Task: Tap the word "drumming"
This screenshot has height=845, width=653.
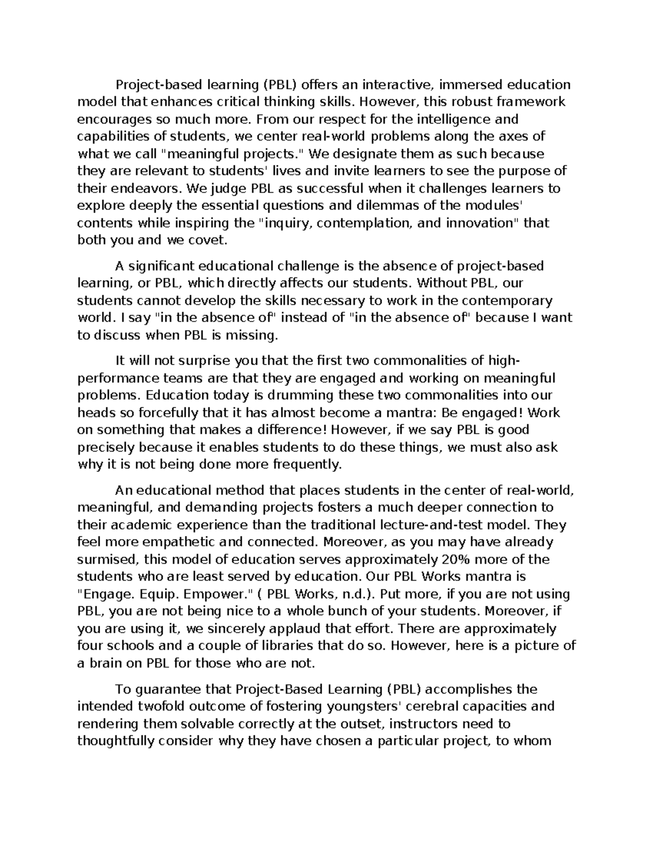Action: (308, 395)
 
